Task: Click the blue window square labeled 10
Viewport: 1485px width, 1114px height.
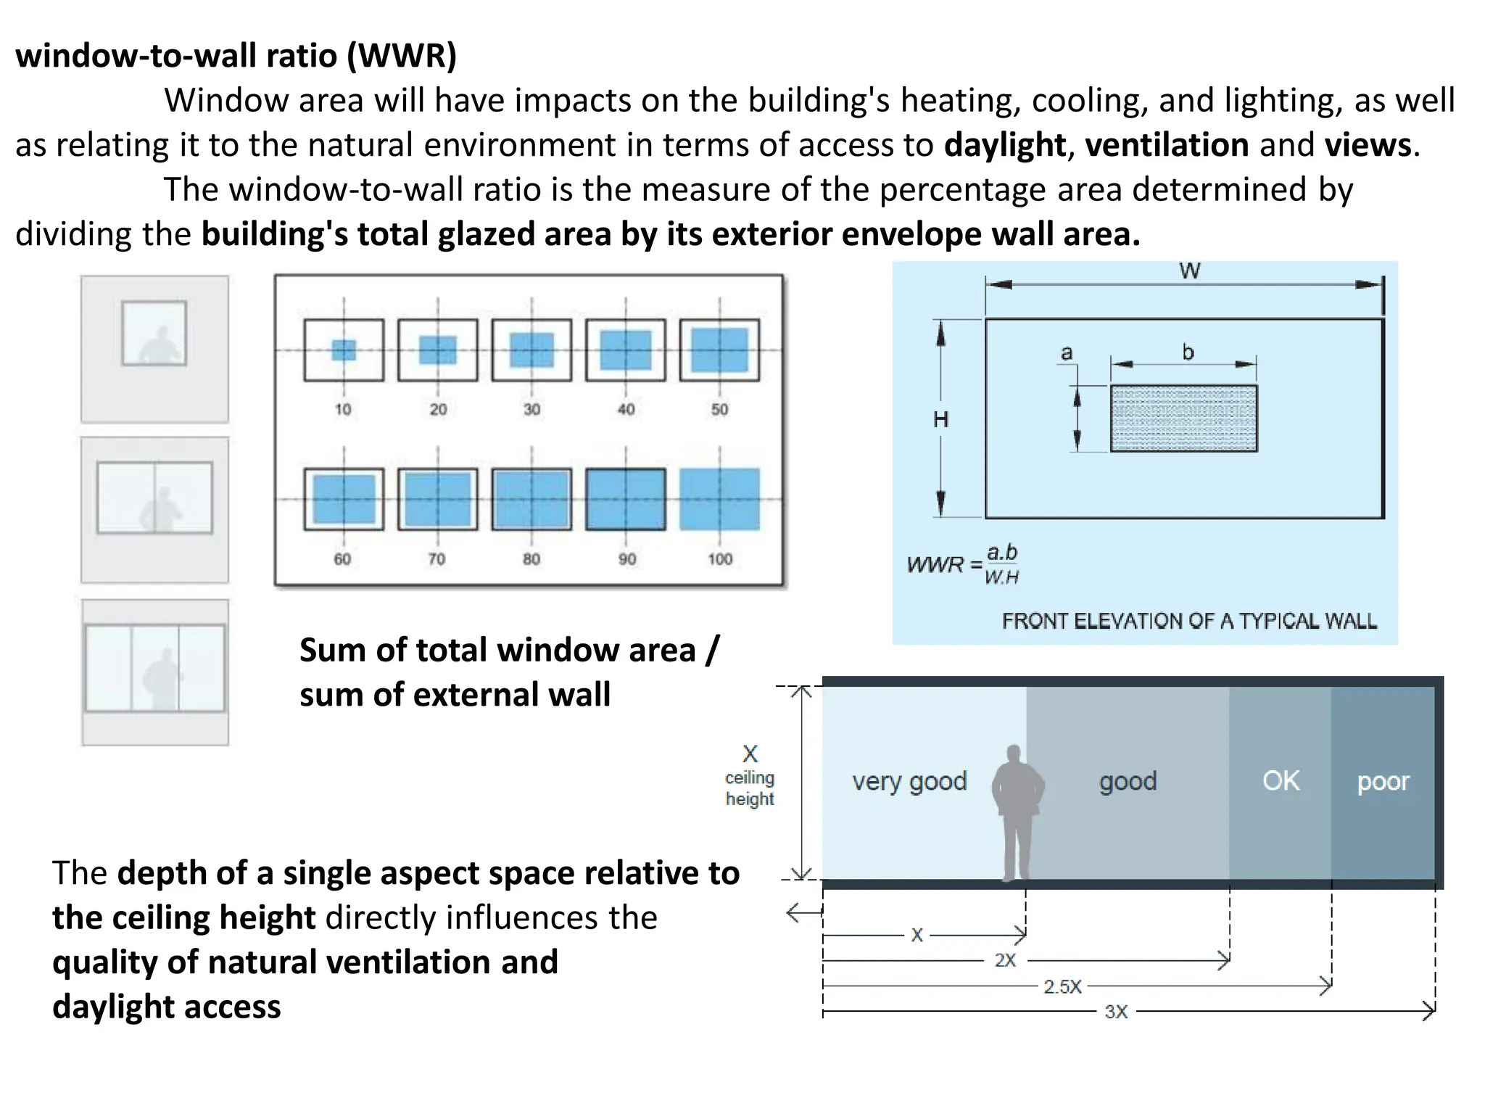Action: pyautogui.click(x=344, y=350)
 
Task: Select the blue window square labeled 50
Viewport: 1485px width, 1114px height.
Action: pyautogui.click(x=719, y=350)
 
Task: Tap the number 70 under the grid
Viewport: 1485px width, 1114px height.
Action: pyautogui.click(x=437, y=559)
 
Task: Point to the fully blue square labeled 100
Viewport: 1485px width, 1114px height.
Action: pyautogui.click(x=719, y=500)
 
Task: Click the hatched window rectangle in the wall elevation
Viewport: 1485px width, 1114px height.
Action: pyautogui.click(x=1183, y=418)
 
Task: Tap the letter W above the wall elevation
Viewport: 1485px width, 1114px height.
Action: pyautogui.click(x=1189, y=271)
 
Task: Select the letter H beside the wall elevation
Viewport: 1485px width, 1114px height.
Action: pyautogui.click(x=940, y=419)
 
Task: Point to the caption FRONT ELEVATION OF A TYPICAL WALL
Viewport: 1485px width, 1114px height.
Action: pyautogui.click(x=1189, y=621)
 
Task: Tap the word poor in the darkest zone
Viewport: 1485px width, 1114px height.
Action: pyautogui.click(x=1383, y=781)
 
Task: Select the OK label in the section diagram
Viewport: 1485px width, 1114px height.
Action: pyautogui.click(x=1281, y=780)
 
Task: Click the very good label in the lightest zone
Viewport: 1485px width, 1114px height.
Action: pyautogui.click(x=909, y=781)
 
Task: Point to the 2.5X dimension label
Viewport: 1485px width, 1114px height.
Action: pyautogui.click(x=1062, y=986)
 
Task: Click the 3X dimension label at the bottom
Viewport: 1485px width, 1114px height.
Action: pyautogui.click(x=1116, y=1012)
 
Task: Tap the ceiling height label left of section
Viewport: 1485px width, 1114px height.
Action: pyautogui.click(x=750, y=788)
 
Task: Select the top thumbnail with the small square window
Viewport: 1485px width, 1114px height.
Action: pyautogui.click(x=154, y=349)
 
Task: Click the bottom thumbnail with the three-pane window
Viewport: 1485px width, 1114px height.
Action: pyautogui.click(x=154, y=672)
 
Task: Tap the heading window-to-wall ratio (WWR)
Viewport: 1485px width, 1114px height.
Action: pyautogui.click(x=236, y=56)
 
